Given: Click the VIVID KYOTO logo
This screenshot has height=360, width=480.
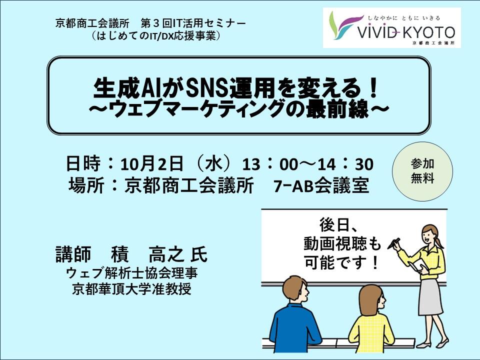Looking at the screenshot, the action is click(392, 28).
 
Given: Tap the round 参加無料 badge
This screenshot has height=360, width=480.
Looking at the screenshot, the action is click(422, 171).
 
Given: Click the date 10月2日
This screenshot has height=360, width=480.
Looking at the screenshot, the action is click(152, 164).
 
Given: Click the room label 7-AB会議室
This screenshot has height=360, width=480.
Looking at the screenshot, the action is click(321, 185).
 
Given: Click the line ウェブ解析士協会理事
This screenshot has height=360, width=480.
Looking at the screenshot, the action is click(132, 273).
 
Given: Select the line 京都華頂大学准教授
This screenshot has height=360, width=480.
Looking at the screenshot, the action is click(132, 288).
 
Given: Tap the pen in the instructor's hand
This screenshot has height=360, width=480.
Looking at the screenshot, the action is click(393, 243).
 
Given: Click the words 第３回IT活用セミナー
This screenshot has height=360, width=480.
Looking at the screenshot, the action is click(193, 23).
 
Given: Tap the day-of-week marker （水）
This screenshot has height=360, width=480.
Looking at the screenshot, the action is click(213, 164).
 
